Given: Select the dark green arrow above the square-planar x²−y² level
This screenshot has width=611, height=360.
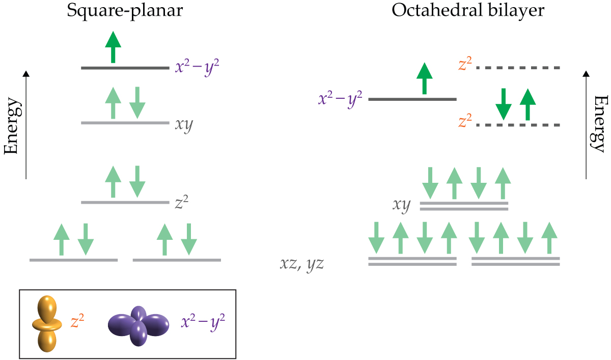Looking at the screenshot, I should (113, 46).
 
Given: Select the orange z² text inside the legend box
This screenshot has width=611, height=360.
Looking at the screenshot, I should (77, 321).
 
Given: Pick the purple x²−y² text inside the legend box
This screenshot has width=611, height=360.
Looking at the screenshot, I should (203, 322).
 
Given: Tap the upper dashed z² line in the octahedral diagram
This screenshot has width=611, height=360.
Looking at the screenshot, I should (517, 68).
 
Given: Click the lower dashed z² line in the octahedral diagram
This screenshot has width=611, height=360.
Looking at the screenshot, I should (517, 125).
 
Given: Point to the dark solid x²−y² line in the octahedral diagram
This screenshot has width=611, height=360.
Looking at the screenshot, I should (412, 99).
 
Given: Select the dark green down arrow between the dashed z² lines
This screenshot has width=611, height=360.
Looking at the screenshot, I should (504, 104).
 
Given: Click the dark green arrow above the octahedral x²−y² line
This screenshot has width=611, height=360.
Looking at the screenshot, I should (424, 78).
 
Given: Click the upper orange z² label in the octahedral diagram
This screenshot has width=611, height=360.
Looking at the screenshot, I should (465, 64).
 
